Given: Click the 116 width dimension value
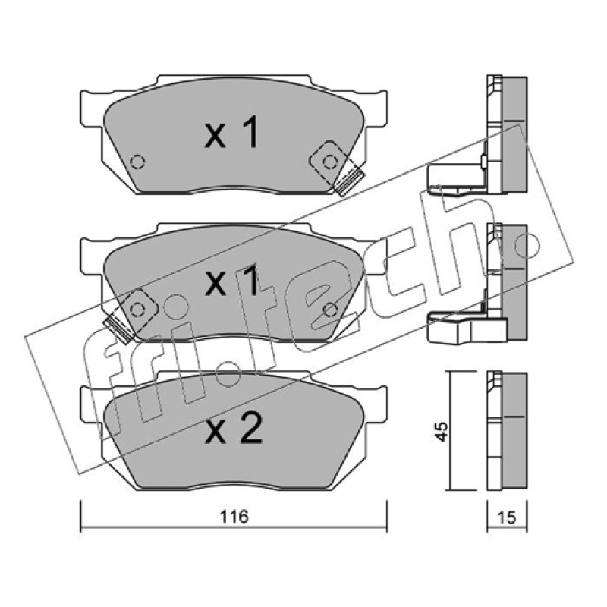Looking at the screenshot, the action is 234,517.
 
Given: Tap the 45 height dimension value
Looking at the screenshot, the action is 441,431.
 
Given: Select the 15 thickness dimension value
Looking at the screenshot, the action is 507,517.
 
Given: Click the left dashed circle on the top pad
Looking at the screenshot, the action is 137,162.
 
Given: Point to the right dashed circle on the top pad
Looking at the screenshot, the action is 330,162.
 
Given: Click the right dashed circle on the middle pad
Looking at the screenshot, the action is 330,310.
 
